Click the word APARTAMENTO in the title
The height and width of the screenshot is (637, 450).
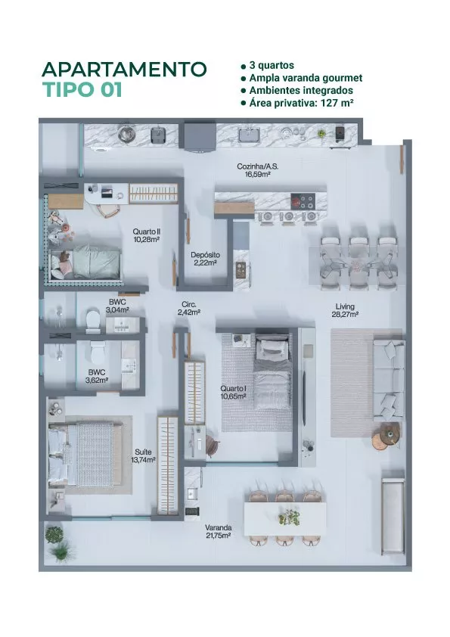(124, 69)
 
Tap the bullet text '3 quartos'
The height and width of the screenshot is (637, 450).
(272, 65)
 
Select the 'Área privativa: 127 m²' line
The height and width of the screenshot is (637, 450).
(301, 103)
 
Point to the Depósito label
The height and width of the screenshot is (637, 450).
(206, 255)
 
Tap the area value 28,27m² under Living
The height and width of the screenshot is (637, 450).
(345, 314)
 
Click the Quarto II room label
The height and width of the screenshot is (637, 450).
(146, 231)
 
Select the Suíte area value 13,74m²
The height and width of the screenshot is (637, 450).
(144, 460)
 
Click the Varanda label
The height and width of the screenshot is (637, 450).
(218, 528)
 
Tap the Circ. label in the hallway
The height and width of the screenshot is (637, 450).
(189, 304)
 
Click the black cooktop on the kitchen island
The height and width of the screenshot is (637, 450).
(303, 200)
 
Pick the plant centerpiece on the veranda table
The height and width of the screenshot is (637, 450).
(290, 517)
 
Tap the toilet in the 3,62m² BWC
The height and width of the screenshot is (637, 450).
(98, 353)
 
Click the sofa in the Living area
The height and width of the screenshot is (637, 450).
(389, 380)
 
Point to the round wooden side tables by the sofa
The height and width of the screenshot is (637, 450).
(386, 436)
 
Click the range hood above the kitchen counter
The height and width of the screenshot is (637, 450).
(200, 136)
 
